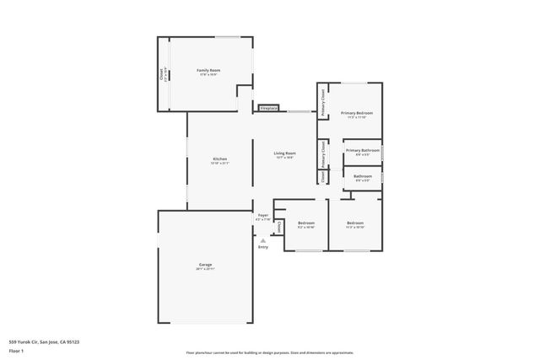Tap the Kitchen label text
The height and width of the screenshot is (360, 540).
click(x=219, y=159)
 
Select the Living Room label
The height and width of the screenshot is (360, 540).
click(x=283, y=153)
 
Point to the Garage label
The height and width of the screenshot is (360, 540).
click(x=205, y=265)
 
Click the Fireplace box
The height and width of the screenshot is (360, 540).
click(x=269, y=109)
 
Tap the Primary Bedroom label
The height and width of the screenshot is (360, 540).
click(x=355, y=113)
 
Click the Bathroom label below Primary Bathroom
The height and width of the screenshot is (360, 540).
click(x=362, y=175)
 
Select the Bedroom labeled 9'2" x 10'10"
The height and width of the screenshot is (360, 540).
click(x=305, y=223)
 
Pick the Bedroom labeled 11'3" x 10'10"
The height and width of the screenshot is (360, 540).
click(x=355, y=223)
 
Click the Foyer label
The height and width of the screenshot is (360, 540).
click(x=263, y=216)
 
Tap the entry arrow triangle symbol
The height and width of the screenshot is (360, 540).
click(x=263, y=239)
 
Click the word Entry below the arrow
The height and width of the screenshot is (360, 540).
click(x=263, y=247)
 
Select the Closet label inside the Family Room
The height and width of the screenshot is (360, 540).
click(x=163, y=74)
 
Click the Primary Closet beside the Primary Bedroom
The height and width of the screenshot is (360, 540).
click(x=322, y=101)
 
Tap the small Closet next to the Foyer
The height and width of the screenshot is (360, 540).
click(x=278, y=227)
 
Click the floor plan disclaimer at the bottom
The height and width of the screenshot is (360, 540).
click(x=270, y=352)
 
